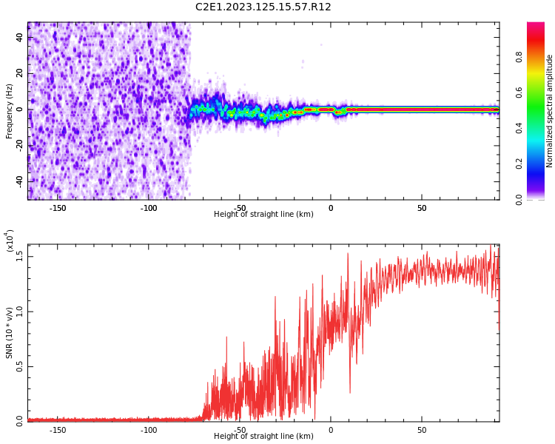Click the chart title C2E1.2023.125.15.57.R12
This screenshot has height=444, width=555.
(x=263, y=7)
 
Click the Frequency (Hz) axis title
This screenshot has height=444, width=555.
(x=10, y=111)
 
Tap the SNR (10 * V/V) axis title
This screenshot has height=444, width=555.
(x=10, y=333)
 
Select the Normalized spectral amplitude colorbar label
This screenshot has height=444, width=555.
(x=550, y=111)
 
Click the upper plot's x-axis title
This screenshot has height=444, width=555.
(x=263, y=215)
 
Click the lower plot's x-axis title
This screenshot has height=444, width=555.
(x=263, y=437)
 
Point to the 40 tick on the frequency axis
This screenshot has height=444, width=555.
(x=20, y=37)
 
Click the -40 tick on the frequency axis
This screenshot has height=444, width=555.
(x=20, y=181)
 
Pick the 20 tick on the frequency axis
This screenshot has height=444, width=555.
(x=20, y=73)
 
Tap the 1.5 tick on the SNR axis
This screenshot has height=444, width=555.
(x=20, y=256)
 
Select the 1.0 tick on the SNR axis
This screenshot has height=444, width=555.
(x=20, y=311)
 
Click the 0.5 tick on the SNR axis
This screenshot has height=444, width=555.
(x=20, y=366)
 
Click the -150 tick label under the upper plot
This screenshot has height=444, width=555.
(x=58, y=208)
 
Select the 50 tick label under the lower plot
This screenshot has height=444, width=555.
(x=422, y=430)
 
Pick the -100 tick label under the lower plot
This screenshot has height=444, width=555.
(x=149, y=430)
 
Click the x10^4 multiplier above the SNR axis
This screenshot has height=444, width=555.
(x=10, y=241)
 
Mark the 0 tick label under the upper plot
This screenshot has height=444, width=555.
(x=331, y=208)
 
